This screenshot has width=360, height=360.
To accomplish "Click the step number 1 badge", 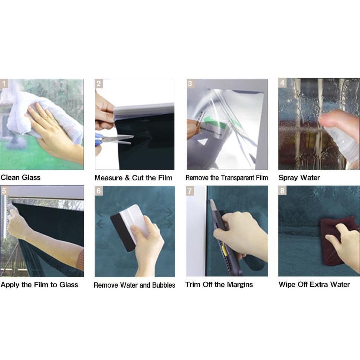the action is (x=4, y=84).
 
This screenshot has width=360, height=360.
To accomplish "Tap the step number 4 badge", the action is (x=282, y=83).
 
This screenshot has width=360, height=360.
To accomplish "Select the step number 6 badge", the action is (x=99, y=191).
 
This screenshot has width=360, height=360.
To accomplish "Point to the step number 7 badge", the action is (x=190, y=191).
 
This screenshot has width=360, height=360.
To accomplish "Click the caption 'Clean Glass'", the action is (x=20, y=177).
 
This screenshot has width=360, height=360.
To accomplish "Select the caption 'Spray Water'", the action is (x=299, y=177).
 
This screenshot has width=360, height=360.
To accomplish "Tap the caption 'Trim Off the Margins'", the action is (x=219, y=285).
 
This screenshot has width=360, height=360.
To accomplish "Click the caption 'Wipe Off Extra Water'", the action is (x=314, y=284).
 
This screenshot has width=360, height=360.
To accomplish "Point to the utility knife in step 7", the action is (x=225, y=239).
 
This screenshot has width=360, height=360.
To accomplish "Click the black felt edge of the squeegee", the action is (x=123, y=232).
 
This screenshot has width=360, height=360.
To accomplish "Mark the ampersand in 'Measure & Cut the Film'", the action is (x=127, y=178).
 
